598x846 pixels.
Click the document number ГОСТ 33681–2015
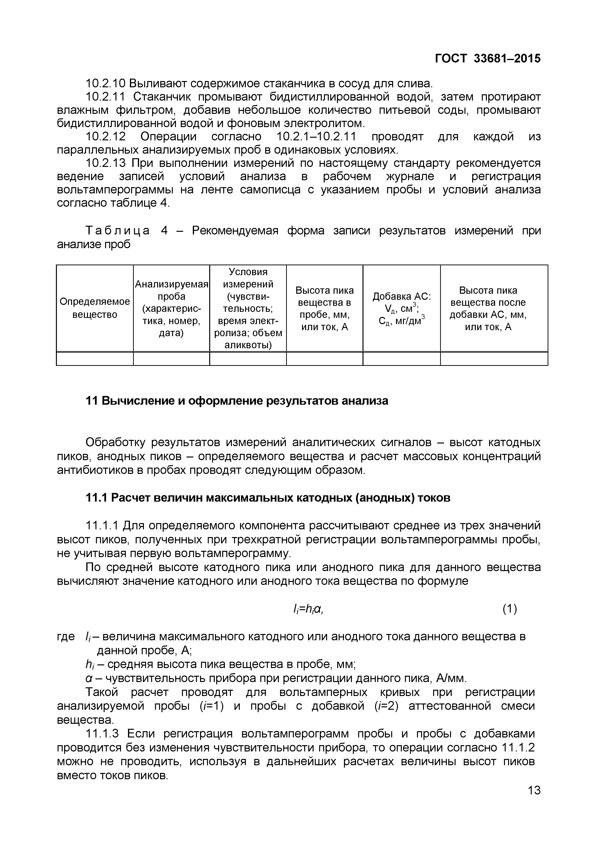[488, 58]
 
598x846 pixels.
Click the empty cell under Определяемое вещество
[95, 359]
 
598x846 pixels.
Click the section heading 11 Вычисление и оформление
[237, 401]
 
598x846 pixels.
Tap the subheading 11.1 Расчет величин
[268, 498]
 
